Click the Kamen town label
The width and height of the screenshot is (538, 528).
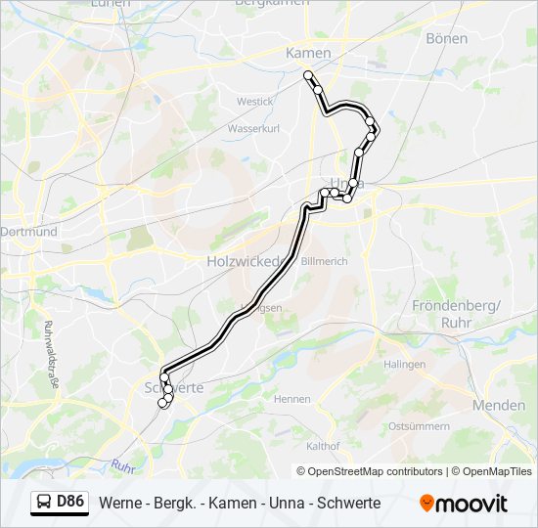click(308, 53)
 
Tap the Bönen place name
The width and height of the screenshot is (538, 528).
click(447, 38)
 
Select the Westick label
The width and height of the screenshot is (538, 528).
click(254, 101)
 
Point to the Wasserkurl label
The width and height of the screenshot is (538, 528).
click(253, 128)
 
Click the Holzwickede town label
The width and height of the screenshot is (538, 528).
click(244, 262)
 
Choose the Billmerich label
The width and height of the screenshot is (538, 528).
click(324, 262)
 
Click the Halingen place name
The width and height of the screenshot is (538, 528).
click(405, 364)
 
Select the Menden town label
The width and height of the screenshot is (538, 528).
click(498, 405)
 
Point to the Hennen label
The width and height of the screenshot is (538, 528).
click(291, 399)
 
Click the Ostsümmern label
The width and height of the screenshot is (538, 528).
click(419, 426)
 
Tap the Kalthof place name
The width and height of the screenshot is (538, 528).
click(323, 446)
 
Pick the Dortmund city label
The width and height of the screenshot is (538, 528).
click(29, 233)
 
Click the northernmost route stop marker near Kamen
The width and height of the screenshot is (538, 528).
click(308, 75)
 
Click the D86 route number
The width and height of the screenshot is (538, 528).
click(71, 503)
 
